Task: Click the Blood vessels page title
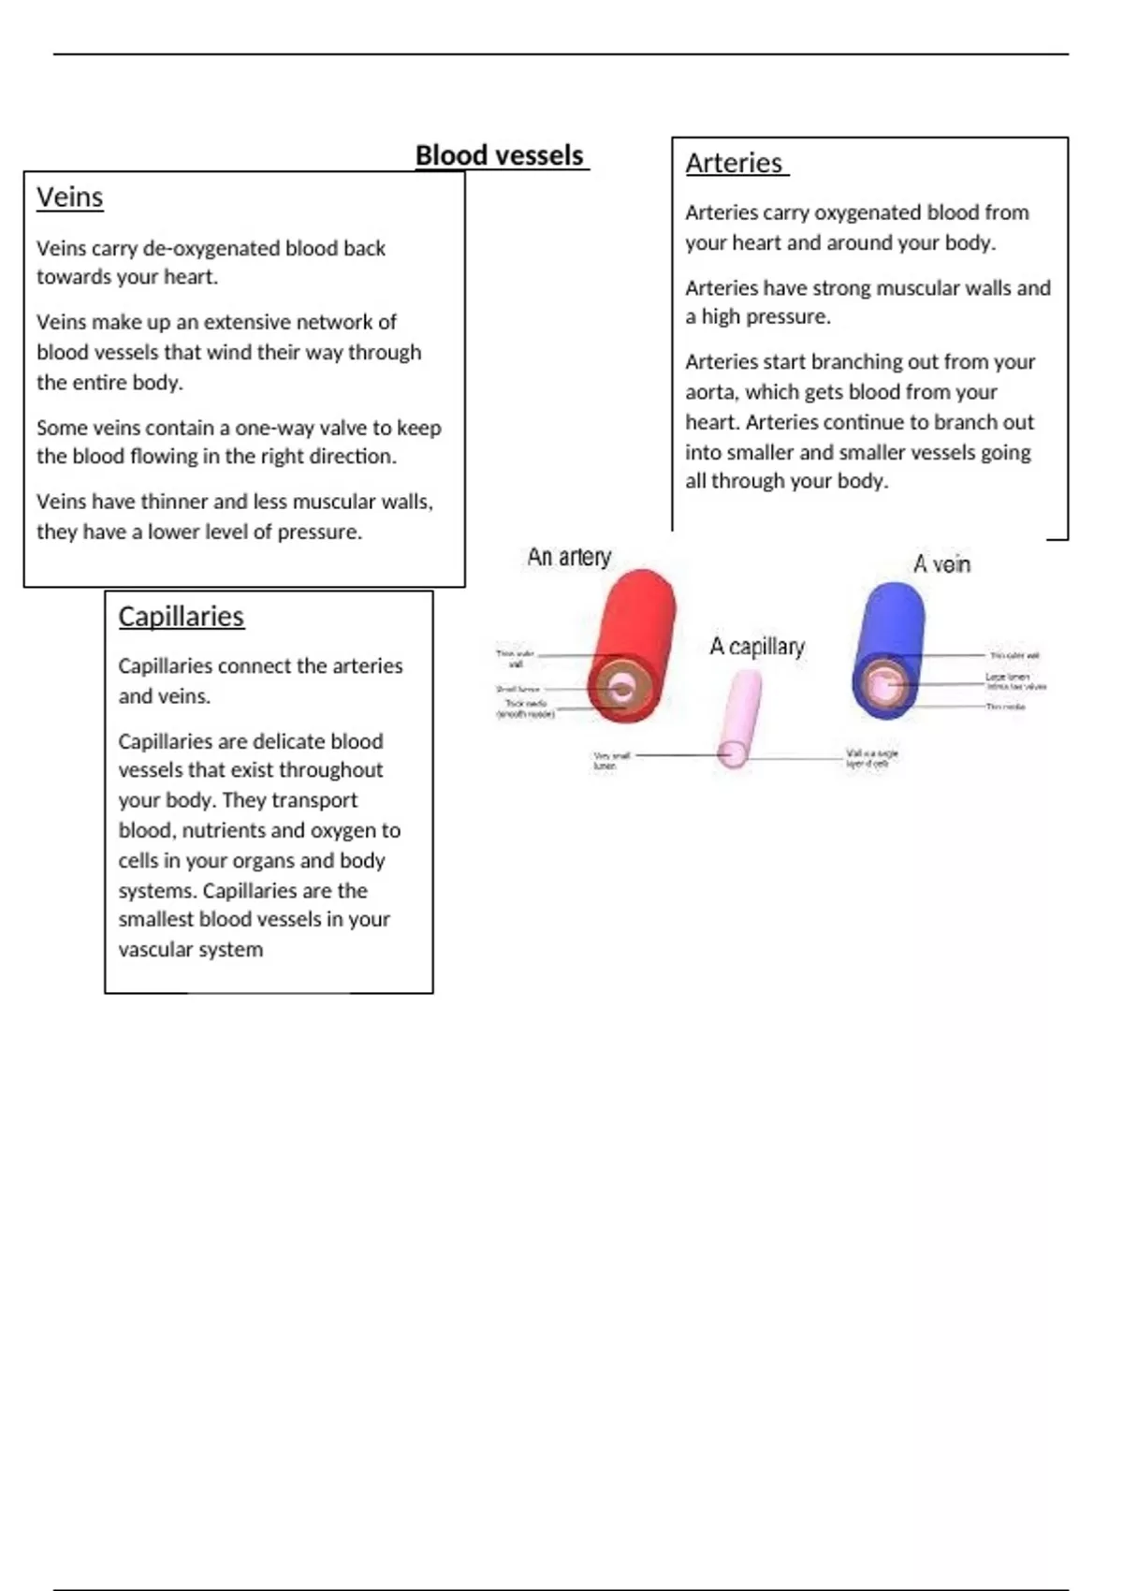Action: click(x=500, y=155)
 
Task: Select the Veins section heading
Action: click(x=70, y=197)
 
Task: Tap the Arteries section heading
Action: click(x=734, y=163)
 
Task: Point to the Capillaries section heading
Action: click(x=181, y=617)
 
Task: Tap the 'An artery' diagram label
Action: click(x=569, y=557)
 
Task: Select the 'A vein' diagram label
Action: click(x=941, y=564)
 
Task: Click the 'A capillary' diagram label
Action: click(x=757, y=647)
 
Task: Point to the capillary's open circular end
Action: click(x=733, y=752)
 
